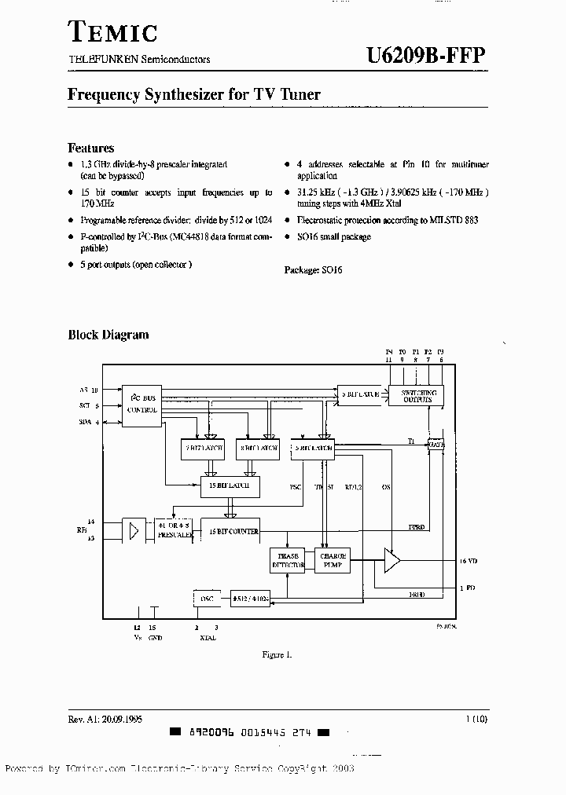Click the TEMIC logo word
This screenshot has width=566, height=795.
(113, 32)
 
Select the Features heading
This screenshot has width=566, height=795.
(91, 148)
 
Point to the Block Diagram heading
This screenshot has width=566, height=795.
(108, 335)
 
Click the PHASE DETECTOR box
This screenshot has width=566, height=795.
(287, 560)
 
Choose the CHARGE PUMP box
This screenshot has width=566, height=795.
(333, 560)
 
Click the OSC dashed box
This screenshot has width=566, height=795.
(206, 598)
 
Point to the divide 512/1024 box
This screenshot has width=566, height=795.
(250, 598)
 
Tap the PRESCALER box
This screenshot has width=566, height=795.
(174, 531)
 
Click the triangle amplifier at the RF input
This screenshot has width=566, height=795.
(134, 531)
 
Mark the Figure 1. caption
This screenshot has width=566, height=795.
(277, 655)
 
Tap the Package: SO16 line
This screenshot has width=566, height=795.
(313, 269)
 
